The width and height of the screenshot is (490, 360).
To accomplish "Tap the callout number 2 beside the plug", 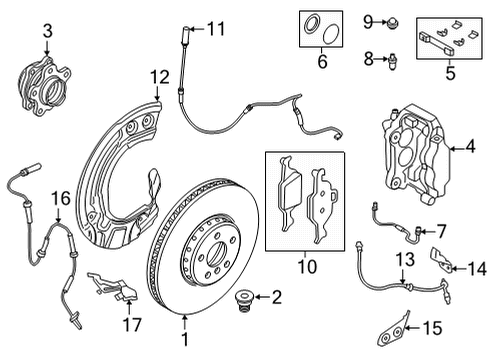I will tap(276, 296).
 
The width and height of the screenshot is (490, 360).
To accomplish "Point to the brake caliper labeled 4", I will tap(410, 151).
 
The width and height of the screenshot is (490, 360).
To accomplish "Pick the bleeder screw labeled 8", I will tap(390, 59).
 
